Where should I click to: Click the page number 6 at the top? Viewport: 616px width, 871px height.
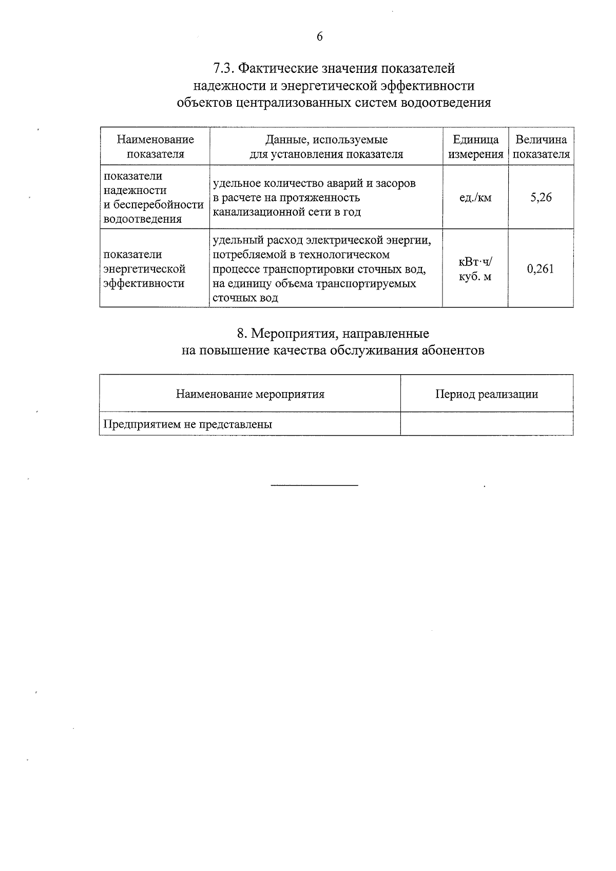point(320,37)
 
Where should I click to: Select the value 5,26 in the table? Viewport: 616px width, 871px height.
point(541,197)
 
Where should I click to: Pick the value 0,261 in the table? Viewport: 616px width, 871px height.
point(541,269)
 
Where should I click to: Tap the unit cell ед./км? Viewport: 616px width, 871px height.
point(475,198)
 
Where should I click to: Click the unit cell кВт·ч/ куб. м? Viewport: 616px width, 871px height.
point(475,269)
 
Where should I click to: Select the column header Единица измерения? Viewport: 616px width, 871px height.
point(475,147)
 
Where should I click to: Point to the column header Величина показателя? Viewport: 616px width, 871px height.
point(541,147)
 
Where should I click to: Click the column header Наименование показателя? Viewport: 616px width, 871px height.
point(155,147)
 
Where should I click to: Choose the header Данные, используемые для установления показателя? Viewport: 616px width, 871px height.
point(326,147)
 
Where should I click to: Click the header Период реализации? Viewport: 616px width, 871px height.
point(486,394)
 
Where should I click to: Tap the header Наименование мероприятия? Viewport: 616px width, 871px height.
point(250,394)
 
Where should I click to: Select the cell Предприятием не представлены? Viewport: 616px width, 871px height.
point(188,424)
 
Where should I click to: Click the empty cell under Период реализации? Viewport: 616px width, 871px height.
point(486,424)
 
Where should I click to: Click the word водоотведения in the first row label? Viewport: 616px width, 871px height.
point(142,220)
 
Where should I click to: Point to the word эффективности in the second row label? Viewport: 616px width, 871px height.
point(144,284)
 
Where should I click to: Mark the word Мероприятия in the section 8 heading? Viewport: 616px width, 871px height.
point(291,334)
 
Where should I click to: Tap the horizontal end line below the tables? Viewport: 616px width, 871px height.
point(314,485)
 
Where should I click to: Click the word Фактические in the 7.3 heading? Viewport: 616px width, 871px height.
point(275,68)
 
